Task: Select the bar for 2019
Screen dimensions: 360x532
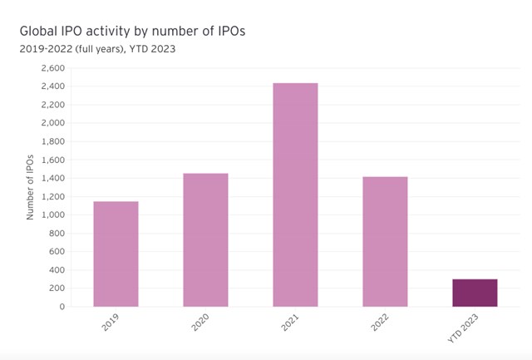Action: (116, 254)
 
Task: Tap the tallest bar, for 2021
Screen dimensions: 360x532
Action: (295, 195)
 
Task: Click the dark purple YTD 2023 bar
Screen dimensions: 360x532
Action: (475, 293)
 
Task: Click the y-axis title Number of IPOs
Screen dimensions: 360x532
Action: (31, 187)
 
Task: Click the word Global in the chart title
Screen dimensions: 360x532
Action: (39, 32)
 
